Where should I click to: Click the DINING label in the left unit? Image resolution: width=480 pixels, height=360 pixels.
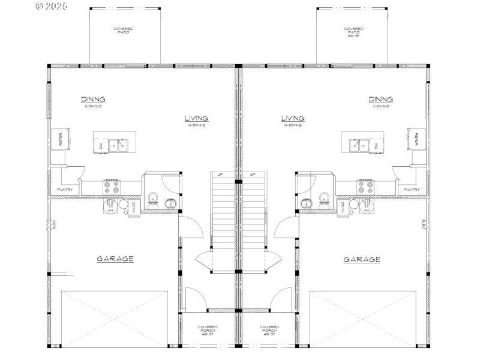(93, 100)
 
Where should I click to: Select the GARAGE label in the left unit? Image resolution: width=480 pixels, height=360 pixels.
(115, 259)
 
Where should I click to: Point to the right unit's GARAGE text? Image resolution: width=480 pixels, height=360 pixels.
(362, 260)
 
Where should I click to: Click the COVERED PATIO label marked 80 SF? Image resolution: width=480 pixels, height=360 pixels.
(353, 31)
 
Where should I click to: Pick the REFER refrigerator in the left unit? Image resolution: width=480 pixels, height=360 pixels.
(61, 139)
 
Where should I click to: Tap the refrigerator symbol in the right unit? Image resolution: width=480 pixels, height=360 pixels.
(416, 139)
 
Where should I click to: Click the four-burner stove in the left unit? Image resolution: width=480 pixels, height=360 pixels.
(112, 187)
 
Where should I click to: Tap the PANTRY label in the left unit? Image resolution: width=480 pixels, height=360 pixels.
(65, 190)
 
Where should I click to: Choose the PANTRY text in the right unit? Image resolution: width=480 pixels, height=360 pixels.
(412, 190)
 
